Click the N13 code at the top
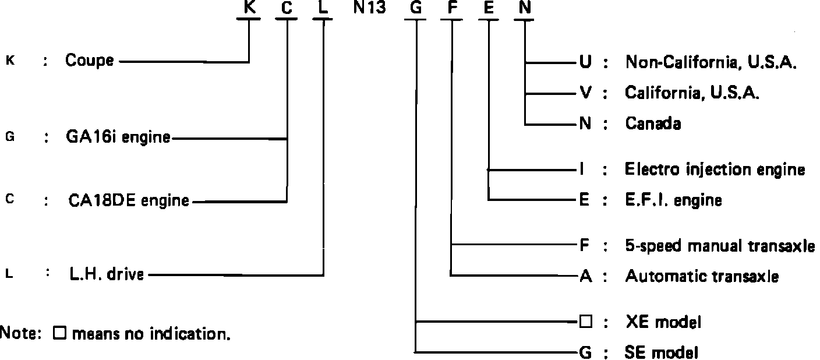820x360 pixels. click(x=369, y=8)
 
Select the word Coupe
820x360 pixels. click(x=89, y=60)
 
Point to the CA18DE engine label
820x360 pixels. click(x=128, y=201)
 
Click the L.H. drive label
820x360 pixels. click(x=106, y=274)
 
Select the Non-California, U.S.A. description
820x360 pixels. click(x=711, y=62)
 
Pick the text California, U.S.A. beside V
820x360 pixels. click(x=692, y=92)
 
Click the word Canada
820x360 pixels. click(x=653, y=123)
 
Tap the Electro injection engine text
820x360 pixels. click(x=715, y=170)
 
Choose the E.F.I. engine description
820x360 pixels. click(x=673, y=200)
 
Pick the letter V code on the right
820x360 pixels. click(x=584, y=92)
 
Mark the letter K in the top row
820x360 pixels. click(x=249, y=8)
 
